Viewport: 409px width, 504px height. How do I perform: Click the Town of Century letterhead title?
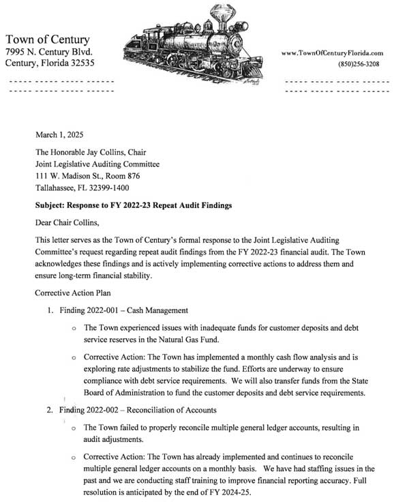[x=47, y=40]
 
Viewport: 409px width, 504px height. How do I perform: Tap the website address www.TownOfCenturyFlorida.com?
[x=332, y=53]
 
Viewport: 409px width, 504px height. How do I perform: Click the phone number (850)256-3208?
[x=359, y=64]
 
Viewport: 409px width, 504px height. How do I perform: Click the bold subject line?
[x=134, y=205]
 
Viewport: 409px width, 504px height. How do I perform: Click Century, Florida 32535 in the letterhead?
[x=50, y=63]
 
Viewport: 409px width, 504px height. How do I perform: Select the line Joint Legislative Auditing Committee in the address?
[x=97, y=164]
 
